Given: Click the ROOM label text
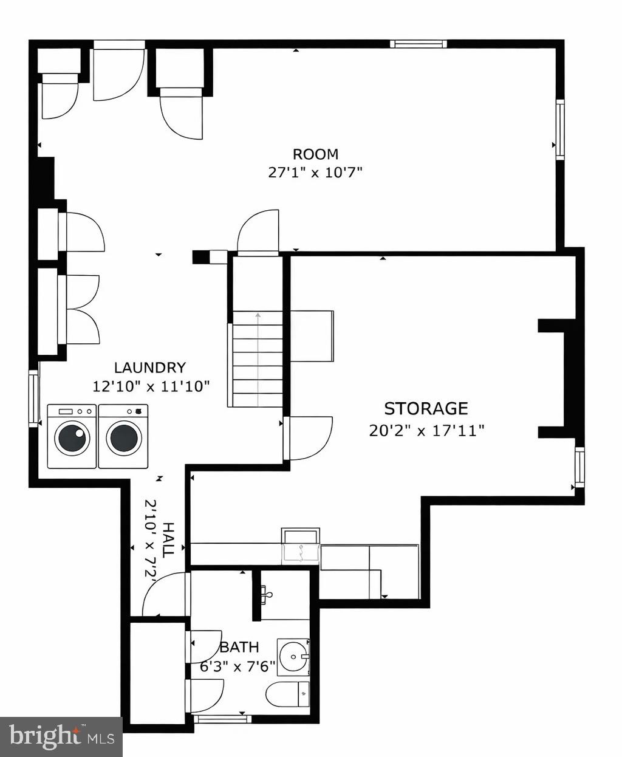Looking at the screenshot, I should point(315,154).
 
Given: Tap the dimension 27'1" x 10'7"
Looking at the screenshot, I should point(315,173).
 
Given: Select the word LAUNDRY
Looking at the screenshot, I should point(149,368).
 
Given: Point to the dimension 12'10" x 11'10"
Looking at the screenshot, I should point(151,385).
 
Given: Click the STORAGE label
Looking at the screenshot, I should point(426,408).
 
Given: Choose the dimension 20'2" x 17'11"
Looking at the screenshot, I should point(426,431).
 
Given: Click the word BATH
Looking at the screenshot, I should point(239,647).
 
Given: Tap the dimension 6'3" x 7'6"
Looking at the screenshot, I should point(238,665).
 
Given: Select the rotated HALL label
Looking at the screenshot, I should point(168,539).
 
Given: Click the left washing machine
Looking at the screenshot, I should point(72,436).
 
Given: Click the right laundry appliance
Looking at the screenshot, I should point(123,436).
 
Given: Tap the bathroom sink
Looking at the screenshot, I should point(293,657).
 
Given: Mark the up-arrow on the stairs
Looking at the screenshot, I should point(258,316).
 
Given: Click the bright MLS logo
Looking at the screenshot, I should point(61,737).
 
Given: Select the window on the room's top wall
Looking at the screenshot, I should point(418,44).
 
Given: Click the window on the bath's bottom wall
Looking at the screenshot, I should point(222,719).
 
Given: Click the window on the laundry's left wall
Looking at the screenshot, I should point(34,398).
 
